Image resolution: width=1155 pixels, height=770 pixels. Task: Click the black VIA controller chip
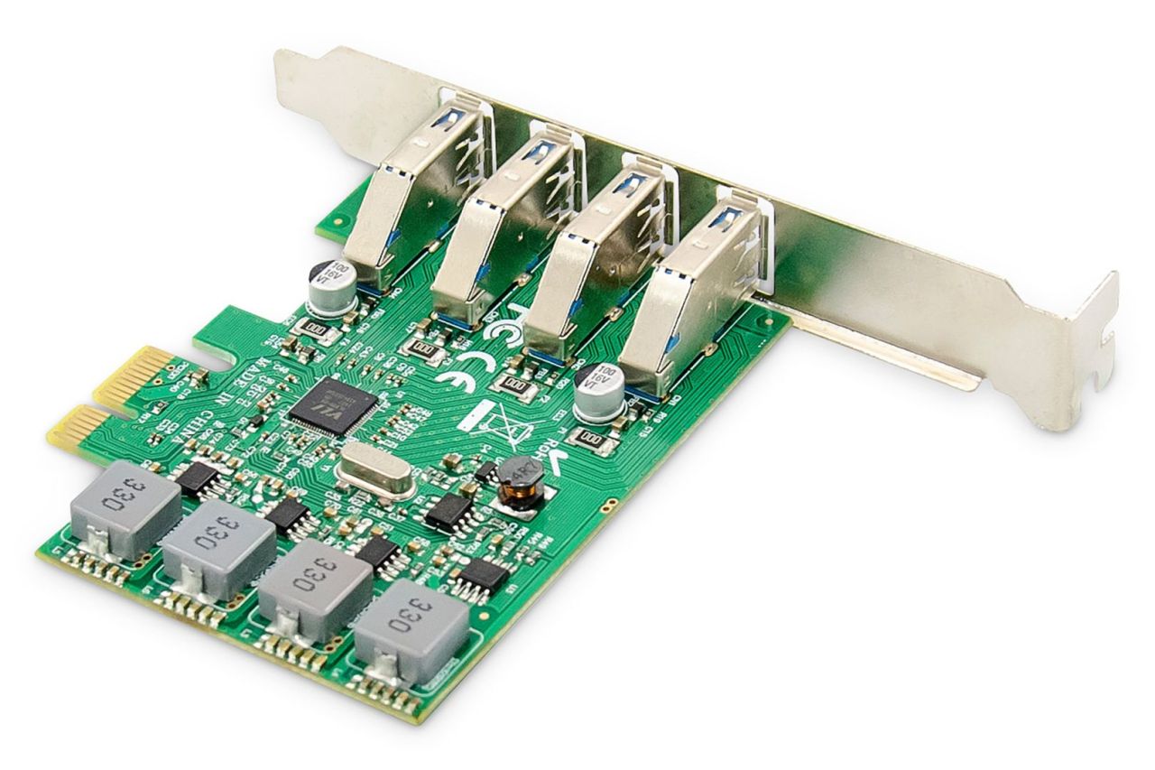click(321, 405)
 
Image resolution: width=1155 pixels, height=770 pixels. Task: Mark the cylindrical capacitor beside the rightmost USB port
click(599, 390)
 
